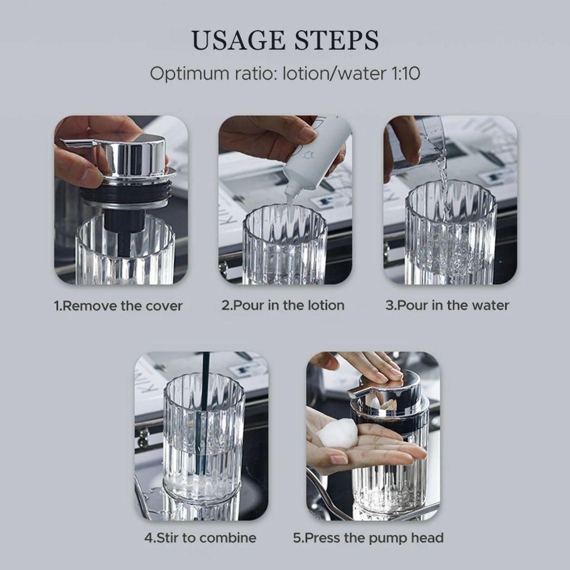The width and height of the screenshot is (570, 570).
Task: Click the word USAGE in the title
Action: [237, 40]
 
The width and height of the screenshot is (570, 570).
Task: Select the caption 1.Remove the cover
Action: [118, 306]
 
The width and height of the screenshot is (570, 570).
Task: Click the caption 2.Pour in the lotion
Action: [283, 305]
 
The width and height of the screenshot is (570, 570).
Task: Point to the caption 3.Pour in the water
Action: [447, 305]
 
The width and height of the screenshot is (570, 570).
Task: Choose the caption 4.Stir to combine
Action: [199, 538]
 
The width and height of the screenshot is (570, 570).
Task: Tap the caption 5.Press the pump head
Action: [368, 538]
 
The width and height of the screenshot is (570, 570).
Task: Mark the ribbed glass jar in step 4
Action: [202, 450]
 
